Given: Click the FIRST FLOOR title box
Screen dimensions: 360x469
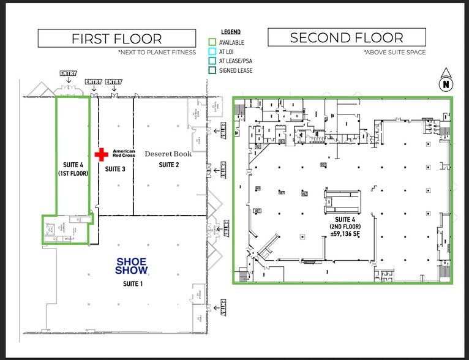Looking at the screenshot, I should [116, 39].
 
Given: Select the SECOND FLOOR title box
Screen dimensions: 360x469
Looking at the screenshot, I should [346, 38].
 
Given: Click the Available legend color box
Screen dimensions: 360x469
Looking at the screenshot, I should [212, 42].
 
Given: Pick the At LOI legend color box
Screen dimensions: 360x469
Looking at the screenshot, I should [212, 51].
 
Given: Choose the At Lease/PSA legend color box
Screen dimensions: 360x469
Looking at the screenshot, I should [212, 61].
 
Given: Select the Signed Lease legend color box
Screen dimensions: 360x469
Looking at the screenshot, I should [212, 70].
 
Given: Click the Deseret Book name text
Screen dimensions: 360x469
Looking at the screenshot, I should [168, 154].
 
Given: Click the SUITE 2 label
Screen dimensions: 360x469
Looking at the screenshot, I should [168, 165].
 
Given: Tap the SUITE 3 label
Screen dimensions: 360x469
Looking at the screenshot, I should [115, 168].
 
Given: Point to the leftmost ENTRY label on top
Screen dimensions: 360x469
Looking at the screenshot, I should [68, 74].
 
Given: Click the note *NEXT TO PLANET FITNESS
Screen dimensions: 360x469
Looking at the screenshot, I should [157, 53].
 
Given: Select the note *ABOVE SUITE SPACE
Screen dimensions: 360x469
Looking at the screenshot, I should [394, 53].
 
